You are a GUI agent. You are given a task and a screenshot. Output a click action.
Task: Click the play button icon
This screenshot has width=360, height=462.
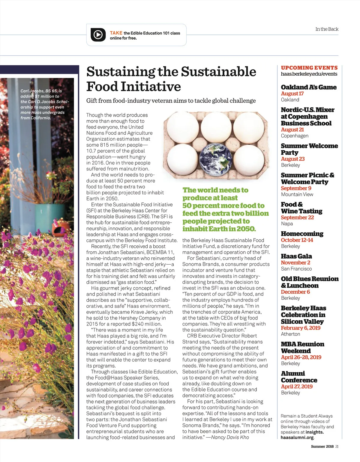pos(98,35)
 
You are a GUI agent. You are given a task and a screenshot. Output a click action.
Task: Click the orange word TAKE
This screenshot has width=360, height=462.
pos(116,33)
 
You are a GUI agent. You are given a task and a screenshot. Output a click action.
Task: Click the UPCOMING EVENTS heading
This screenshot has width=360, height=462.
pos(309,68)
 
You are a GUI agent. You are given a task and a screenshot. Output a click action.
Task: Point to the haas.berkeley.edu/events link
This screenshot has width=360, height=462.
pos(309,74)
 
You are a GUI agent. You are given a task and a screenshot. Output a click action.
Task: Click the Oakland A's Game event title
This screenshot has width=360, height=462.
pos(308,87)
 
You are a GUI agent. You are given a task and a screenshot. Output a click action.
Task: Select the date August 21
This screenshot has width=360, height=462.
pos(292,130)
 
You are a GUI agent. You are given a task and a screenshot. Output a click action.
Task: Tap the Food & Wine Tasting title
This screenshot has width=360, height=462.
pos(301,208)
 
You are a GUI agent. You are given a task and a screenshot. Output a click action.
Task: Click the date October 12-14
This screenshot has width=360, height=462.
pos(297,240)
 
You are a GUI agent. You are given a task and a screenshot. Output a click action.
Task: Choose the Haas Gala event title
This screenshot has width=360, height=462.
pos(296,256)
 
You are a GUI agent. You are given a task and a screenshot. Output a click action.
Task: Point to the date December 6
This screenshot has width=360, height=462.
pos(295,292)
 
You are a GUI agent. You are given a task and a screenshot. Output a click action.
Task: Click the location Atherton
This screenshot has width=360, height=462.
pos(290,334)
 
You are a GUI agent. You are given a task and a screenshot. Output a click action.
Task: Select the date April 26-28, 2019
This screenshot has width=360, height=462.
pos(301,357)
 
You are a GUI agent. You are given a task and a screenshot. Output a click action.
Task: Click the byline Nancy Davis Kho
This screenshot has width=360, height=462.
pos(230,437)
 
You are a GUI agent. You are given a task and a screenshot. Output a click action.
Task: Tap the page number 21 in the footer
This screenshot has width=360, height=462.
pos(337,446)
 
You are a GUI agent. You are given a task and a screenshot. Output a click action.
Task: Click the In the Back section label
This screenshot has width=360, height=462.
pos(326,29)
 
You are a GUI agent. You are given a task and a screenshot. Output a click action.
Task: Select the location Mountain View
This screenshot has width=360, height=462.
pos(297,194)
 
